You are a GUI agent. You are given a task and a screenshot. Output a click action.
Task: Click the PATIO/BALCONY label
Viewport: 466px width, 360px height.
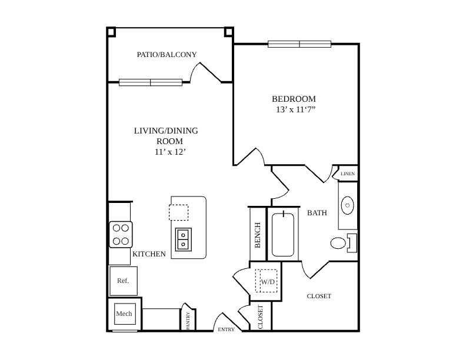(167, 55)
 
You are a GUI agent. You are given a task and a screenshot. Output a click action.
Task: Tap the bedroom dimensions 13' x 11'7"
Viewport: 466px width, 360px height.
(295, 109)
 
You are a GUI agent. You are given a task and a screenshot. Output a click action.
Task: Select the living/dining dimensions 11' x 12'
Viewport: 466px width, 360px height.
(170, 152)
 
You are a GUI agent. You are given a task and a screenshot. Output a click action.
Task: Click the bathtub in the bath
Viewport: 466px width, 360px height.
(283, 234)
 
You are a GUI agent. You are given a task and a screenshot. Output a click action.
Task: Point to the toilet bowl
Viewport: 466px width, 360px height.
(338, 243)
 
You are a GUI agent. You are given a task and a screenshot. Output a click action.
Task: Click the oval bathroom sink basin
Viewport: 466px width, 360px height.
(347, 205)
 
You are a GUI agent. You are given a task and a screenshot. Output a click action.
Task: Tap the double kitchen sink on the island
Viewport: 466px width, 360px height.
(184, 239)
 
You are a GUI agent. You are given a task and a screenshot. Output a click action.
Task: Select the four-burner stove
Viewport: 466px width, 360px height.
(121, 234)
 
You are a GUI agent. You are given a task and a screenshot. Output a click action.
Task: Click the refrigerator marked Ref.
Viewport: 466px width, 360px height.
(124, 281)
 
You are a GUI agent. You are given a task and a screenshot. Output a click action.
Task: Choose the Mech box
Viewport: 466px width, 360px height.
(125, 314)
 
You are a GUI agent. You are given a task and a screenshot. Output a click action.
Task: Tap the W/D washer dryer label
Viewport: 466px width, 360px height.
(268, 282)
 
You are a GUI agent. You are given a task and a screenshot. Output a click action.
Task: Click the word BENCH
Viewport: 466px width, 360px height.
(258, 235)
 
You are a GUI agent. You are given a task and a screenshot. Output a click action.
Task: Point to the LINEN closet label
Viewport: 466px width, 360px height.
(347, 174)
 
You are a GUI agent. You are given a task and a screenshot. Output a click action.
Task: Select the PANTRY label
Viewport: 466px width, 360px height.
(188, 321)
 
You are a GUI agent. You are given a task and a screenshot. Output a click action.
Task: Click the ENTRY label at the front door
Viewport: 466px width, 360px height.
(226, 329)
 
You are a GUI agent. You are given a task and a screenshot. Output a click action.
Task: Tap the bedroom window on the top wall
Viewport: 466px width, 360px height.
(299, 44)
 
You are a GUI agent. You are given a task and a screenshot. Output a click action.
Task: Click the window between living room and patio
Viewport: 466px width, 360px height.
(151, 82)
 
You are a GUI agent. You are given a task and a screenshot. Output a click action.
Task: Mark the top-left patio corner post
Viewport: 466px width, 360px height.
(111, 32)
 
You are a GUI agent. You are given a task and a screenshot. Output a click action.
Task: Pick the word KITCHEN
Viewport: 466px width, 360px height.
(149, 254)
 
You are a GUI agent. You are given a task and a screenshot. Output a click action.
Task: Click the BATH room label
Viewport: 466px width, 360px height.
(317, 213)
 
